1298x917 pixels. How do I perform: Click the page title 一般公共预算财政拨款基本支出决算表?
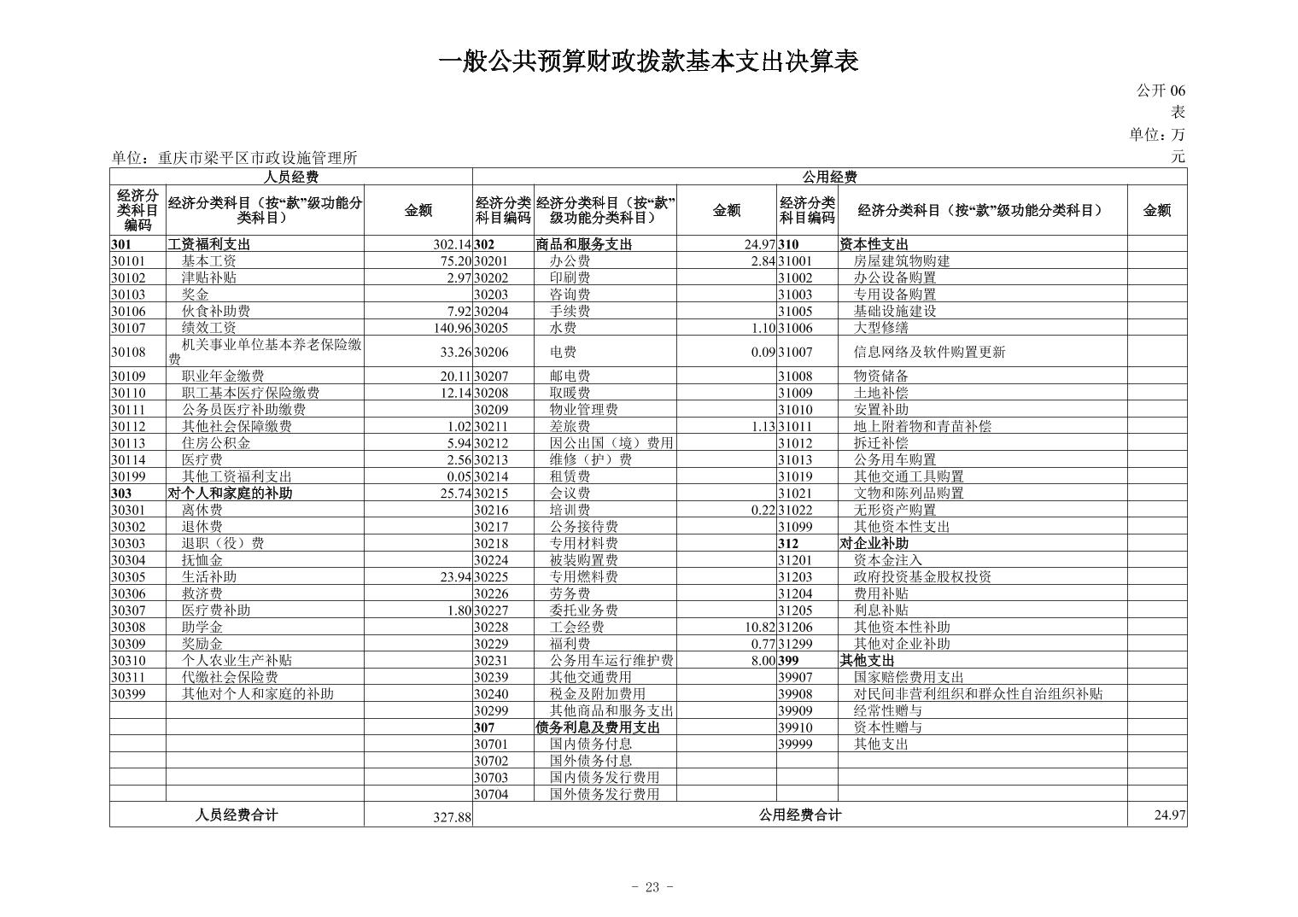(x=648, y=61)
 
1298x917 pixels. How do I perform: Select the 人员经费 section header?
(x=291, y=177)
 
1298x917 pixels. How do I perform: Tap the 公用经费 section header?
(x=829, y=177)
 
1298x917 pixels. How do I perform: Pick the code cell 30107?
(x=128, y=328)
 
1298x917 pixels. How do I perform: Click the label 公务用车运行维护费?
(x=611, y=660)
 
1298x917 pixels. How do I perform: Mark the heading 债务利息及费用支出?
(x=598, y=727)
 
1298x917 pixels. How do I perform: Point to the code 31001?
(x=795, y=261)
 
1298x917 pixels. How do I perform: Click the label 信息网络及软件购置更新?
(x=929, y=352)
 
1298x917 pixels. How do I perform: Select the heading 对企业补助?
(x=874, y=543)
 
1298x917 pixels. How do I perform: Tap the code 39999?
(x=795, y=744)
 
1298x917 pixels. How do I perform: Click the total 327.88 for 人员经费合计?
(x=452, y=817)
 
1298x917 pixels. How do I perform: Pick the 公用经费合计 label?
(x=799, y=815)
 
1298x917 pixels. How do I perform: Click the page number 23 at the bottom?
(x=652, y=887)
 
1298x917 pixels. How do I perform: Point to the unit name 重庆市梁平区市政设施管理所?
(x=257, y=158)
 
